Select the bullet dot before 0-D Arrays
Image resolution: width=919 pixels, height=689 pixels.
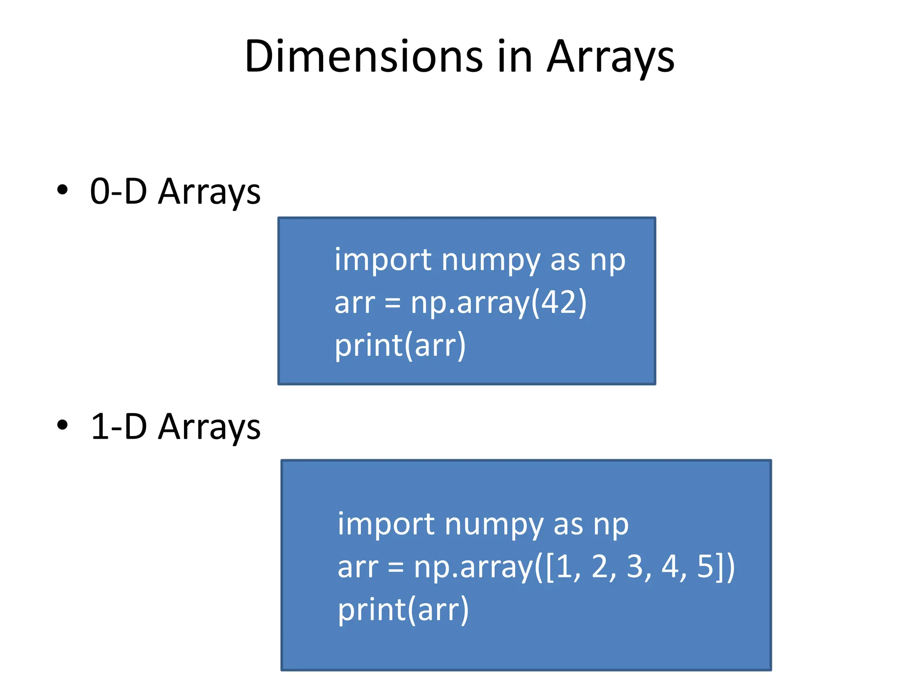click(x=62, y=190)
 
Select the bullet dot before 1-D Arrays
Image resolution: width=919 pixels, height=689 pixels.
click(x=62, y=425)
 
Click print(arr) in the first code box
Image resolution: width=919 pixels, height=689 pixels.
click(x=400, y=345)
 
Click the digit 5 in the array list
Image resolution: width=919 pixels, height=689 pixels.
click(x=705, y=566)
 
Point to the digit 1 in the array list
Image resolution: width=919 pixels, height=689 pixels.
click(x=565, y=566)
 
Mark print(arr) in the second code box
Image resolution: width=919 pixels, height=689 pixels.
click(x=403, y=610)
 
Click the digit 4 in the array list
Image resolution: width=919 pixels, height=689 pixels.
click(x=670, y=566)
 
